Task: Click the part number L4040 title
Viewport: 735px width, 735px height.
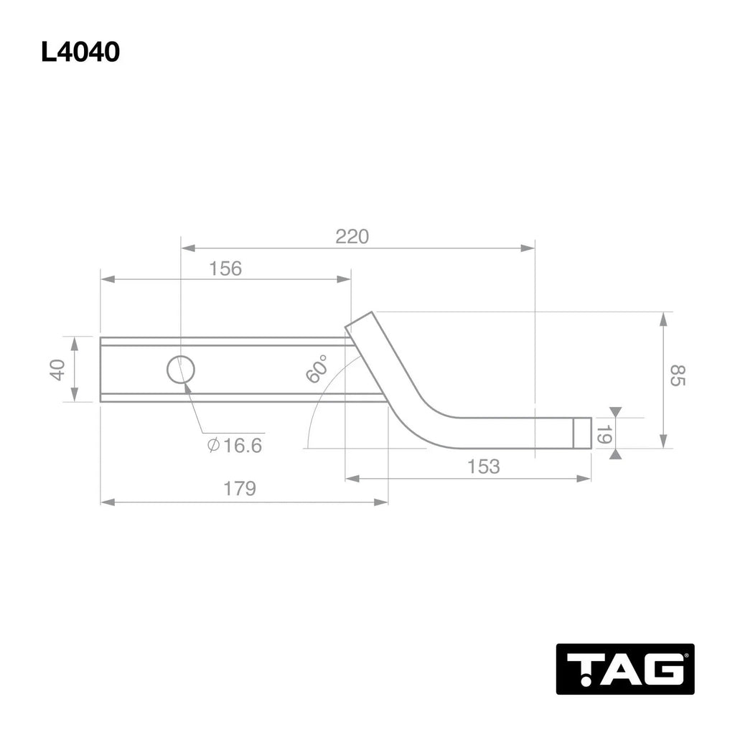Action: pyautogui.click(x=80, y=52)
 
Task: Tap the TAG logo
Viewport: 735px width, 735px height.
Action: pyautogui.click(x=624, y=668)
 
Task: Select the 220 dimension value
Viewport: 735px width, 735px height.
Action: pyautogui.click(x=352, y=236)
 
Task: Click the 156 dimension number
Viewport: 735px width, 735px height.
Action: pyautogui.click(x=225, y=268)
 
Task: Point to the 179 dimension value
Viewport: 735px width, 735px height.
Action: pyautogui.click(x=239, y=489)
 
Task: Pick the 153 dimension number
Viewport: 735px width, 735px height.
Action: pyautogui.click(x=483, y=467)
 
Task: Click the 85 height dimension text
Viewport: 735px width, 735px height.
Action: pyautogui.click(x=678, y=375)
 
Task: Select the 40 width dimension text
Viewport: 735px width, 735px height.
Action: pyautogui.click(x=57, y=369)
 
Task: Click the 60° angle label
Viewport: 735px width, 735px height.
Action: pyautogui.click(x=317, y=368)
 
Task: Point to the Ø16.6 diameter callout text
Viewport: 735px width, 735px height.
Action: pyautogui.click(x=235, y=446)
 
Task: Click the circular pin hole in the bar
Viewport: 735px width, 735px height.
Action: pyautogui.click(x=181, y=370)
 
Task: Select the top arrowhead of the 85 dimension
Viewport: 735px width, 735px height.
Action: pyautogui.click(x=665, y=318)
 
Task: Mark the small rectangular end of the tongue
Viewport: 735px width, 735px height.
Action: pyautogui.click(x=583, y=433)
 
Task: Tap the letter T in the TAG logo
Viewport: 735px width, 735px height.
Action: pyautogui.click(x=581, y=669)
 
